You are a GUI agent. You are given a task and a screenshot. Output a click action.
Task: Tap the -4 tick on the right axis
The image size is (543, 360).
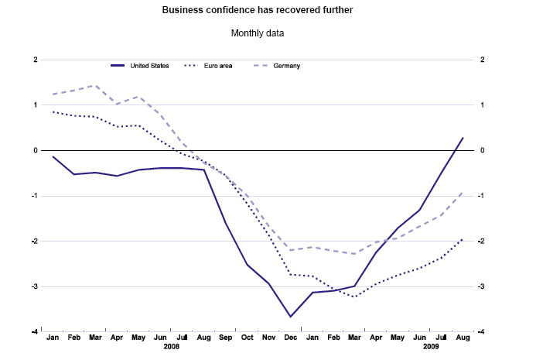click(481, 332)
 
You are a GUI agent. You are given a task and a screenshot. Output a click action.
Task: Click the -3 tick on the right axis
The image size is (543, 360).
click(481, 286)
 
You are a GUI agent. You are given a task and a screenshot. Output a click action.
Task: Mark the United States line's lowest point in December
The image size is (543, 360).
click(291, 317)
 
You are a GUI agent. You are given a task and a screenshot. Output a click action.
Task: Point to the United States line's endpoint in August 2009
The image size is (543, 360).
click(463, 138)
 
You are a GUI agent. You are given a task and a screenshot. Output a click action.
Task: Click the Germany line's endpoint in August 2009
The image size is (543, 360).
click(463, 191)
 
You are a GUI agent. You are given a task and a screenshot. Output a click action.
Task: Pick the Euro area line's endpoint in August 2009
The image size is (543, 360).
click(463, 239)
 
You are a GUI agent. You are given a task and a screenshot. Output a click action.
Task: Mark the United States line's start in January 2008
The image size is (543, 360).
click(53, 156)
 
